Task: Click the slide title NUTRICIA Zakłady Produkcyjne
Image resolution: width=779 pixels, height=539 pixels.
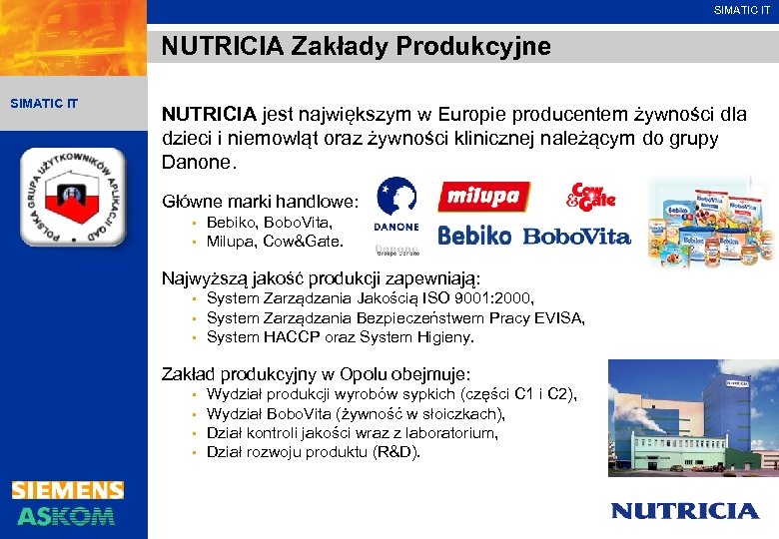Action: click(x=356, y=47)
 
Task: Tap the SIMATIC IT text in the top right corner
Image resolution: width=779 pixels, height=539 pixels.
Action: click(x=741, y=10)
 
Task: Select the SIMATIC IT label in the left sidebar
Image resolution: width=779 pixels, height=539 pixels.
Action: click(x=44, y=103)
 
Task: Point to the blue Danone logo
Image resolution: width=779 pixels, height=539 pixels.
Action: click(x=395, y=206)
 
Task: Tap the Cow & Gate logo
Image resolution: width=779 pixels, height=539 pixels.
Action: click(x=592, y=196)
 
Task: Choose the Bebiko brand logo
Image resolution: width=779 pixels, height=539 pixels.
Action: click(x=473, y=236)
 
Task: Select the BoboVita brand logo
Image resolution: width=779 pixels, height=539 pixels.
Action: click(x=576, y=236)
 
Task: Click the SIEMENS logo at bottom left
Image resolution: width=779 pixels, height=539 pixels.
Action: click(x=68, y=490)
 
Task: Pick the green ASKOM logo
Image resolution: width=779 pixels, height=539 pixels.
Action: click(x=66, y=515)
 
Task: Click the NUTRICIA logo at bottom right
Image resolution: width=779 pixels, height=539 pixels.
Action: click(x=684, y=510)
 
